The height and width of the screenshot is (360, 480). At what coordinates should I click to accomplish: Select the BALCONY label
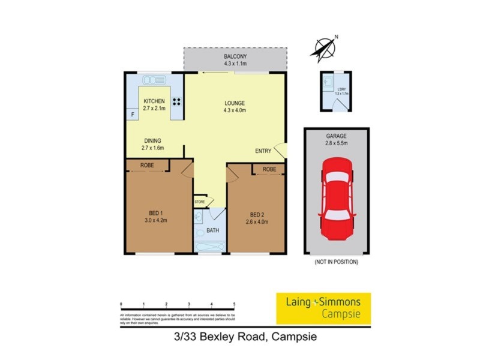click(235, 56)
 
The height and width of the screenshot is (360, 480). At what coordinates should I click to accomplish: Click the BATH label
click(213, 230)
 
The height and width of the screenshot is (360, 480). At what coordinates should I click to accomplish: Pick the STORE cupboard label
click(200, 202)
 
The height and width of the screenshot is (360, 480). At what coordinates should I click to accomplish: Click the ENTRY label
click(263, 151)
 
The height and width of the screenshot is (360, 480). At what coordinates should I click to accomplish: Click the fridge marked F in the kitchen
click(132, 114)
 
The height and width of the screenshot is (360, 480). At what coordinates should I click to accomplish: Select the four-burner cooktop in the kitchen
click(177, 101)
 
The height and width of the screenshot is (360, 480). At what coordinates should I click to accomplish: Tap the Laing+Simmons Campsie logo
click(323, 307)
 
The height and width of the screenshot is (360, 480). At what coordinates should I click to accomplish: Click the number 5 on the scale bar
click(234, 305)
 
